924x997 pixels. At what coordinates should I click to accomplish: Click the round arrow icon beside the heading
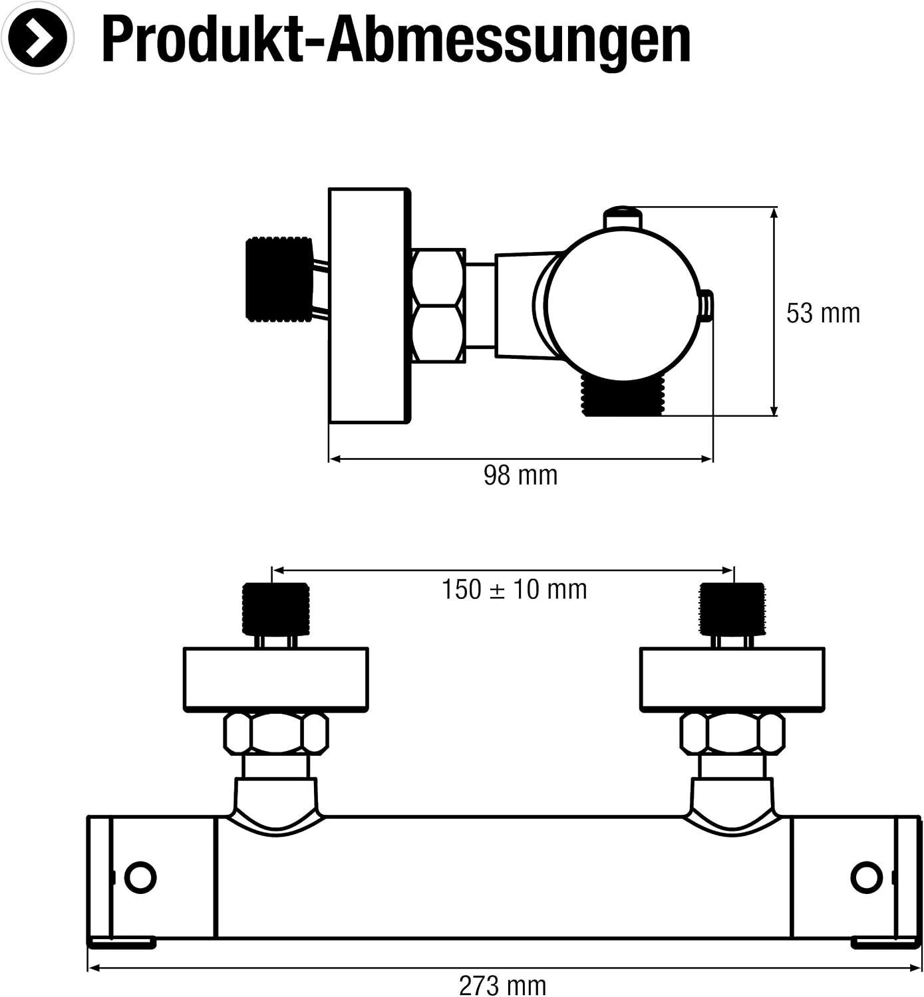click(x=38, y=38)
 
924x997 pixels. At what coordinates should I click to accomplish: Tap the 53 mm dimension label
click(x=823, y=313)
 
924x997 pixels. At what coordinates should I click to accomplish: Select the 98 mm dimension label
click(x=520, y=475)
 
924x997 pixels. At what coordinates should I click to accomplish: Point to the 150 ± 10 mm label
click(x=514, y=590)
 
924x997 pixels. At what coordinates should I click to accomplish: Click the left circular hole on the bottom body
click(x=140, y=878)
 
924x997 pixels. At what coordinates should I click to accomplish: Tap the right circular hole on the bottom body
click(x=867, y=878)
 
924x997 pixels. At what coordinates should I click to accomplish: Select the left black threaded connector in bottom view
click(x=276, y=609)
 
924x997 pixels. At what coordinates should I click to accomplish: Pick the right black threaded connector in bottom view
click(x=732, y=609)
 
